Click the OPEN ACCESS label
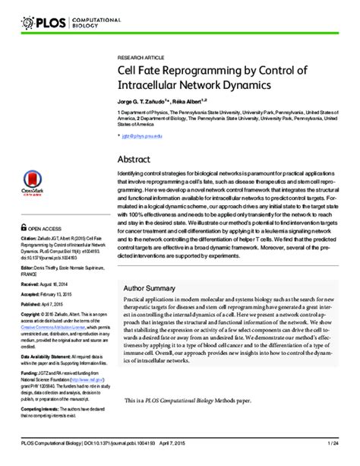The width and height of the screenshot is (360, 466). (46, 226)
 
